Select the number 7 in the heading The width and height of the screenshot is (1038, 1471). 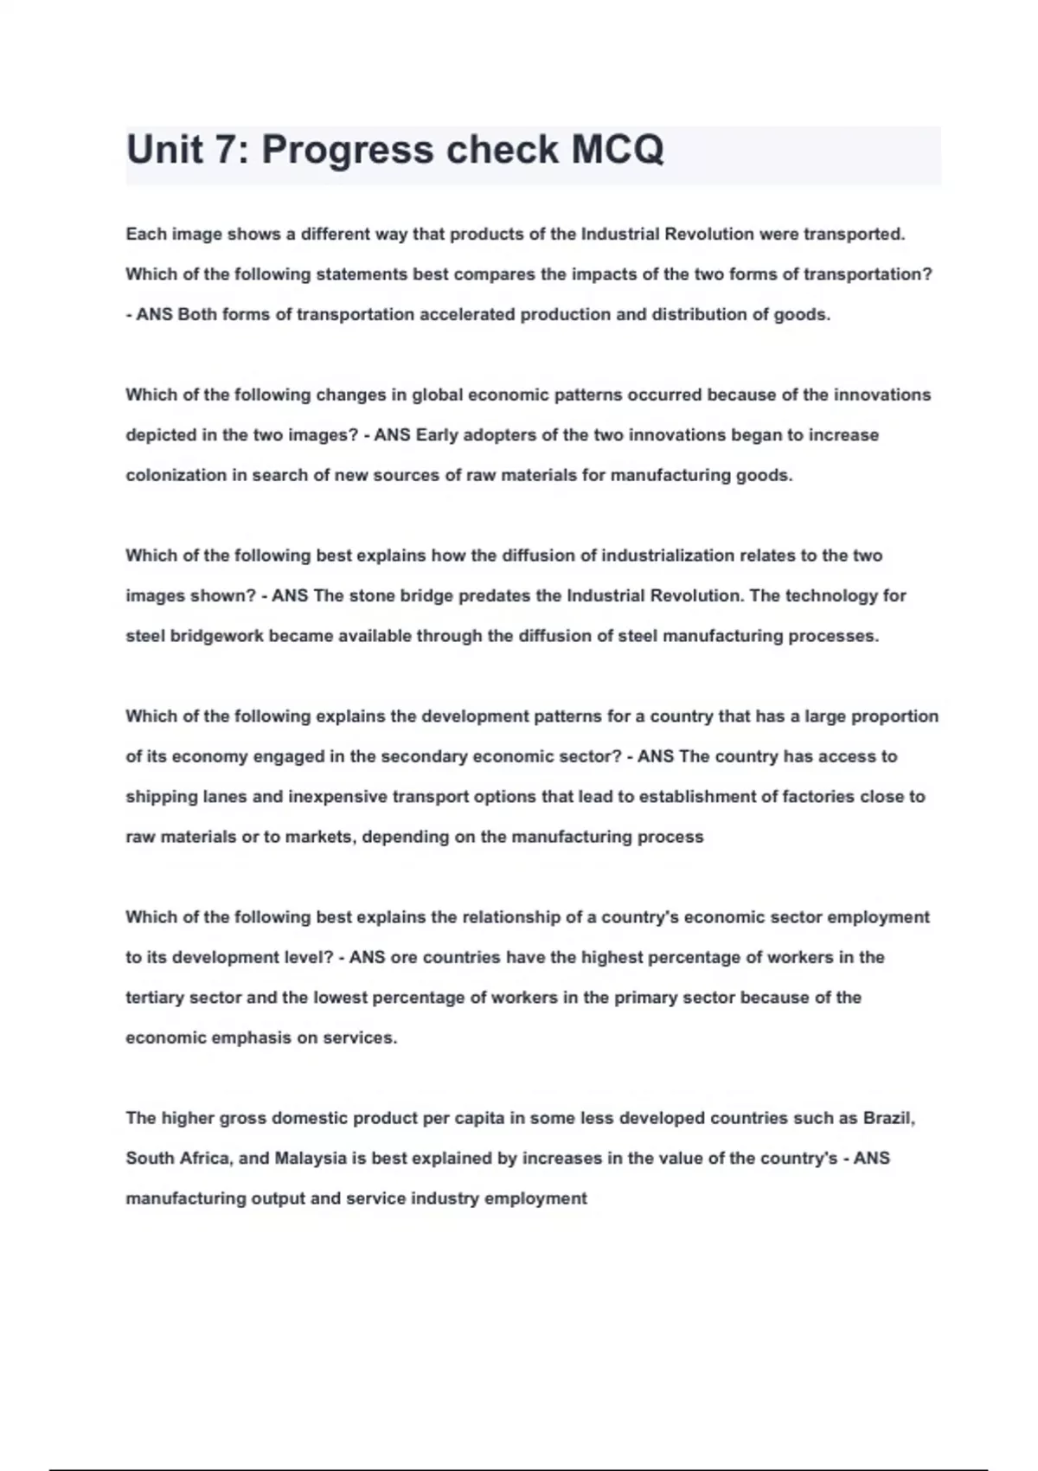224,150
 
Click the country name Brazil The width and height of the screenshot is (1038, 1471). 888,1118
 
